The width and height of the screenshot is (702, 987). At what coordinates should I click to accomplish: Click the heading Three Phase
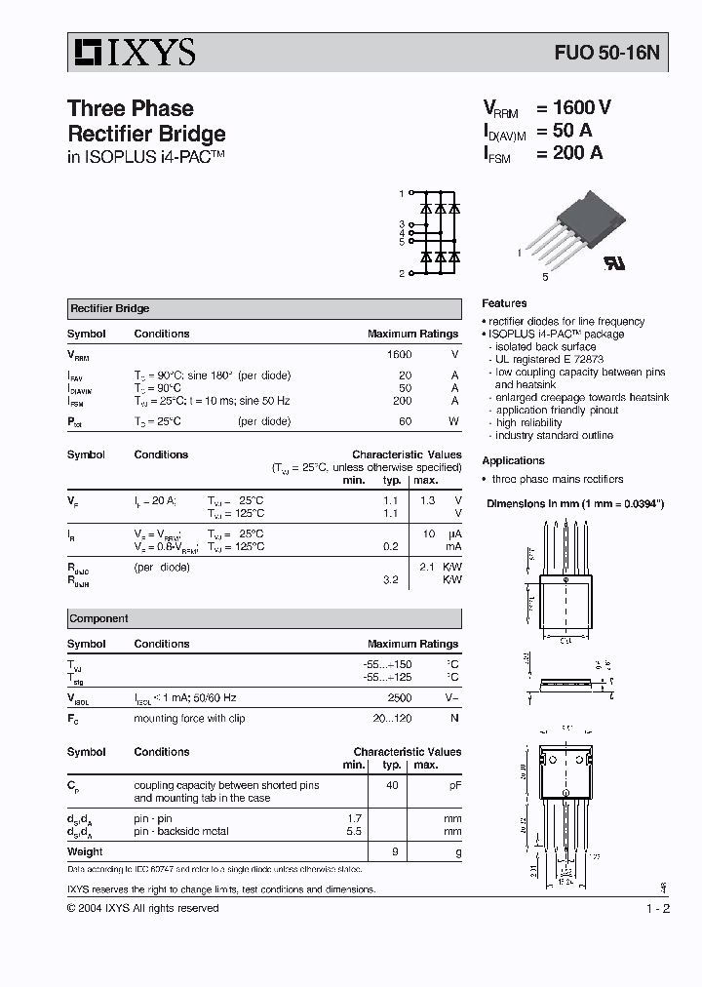click(130, 108)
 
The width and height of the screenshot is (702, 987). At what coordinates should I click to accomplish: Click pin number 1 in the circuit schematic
click(401, 194)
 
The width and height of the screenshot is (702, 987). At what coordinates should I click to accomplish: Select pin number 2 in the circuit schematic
click(401, 274)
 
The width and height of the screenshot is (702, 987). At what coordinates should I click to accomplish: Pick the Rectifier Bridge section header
click(109, 309)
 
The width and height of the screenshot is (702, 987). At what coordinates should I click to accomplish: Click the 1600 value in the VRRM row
click(400, 355)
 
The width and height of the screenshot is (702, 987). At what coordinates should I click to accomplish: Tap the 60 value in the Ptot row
click(406, 421)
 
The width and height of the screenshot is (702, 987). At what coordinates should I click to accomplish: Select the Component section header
click(98, 618)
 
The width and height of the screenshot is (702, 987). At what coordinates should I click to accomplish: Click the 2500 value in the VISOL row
click(400, 698)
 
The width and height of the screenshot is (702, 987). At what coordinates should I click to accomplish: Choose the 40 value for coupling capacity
click(392, 785)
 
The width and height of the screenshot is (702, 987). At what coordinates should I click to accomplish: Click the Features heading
click(504, 303)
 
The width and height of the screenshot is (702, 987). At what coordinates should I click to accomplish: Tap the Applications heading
click(513, 460)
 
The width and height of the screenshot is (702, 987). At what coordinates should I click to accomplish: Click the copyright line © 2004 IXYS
click(142, 908)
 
